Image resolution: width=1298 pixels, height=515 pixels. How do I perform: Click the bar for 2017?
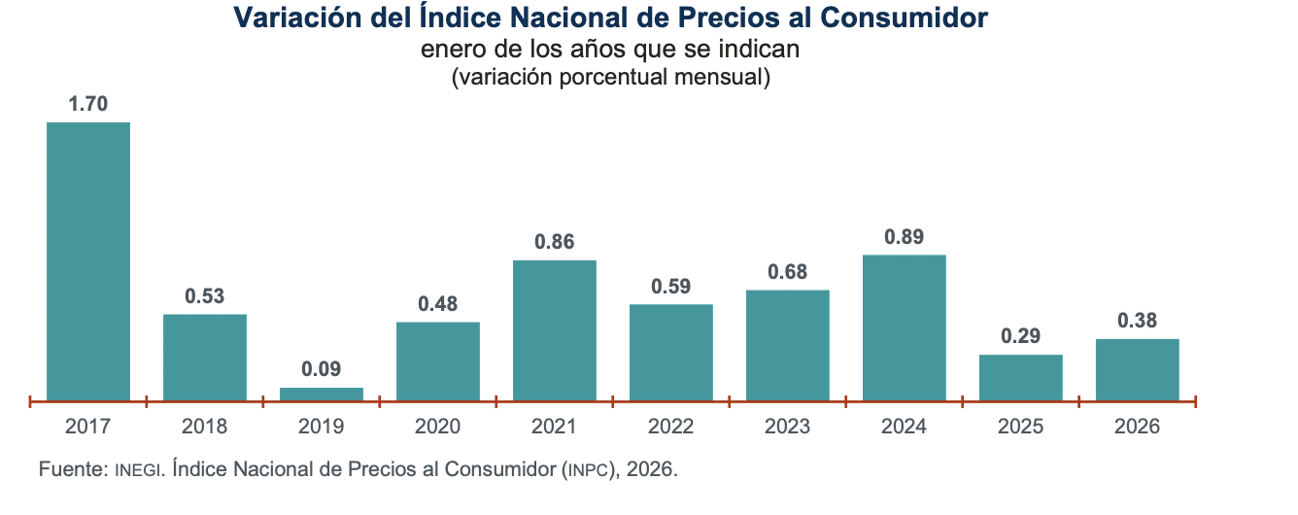click(88, 261)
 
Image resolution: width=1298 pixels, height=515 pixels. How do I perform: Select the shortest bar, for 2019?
click(322, 394)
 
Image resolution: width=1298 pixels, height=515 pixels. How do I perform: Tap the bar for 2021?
click(555, 330)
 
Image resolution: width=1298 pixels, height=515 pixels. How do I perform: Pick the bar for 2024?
click(904, 327)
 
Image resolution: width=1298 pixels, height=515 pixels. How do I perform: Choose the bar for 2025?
click(1021, 377)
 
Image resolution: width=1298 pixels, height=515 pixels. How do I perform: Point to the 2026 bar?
click(1138, 369)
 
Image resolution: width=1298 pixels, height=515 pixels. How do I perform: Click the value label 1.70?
click(88, 104)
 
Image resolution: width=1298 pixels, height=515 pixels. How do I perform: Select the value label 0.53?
click(205, 296)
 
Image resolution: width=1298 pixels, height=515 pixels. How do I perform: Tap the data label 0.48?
click(438, 303)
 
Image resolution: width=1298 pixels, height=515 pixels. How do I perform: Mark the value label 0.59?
click(671, 287)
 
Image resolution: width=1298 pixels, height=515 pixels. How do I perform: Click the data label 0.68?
click(788, 272)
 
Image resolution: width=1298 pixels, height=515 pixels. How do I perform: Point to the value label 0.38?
click(1138, 321)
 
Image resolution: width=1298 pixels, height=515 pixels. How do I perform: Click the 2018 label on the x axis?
click(205, 427)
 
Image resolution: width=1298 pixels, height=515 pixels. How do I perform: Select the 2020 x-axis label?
click(437, 427)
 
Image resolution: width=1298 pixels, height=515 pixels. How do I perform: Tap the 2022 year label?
click(671, 427)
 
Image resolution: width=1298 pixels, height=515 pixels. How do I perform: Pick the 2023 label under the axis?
click(788, 427)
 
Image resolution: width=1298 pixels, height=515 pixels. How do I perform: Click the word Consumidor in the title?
click(904, 17)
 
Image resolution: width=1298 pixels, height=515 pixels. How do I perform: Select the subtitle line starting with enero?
click(610, 49)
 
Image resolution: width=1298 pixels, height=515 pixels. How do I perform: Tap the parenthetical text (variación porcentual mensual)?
click(611, 77)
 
